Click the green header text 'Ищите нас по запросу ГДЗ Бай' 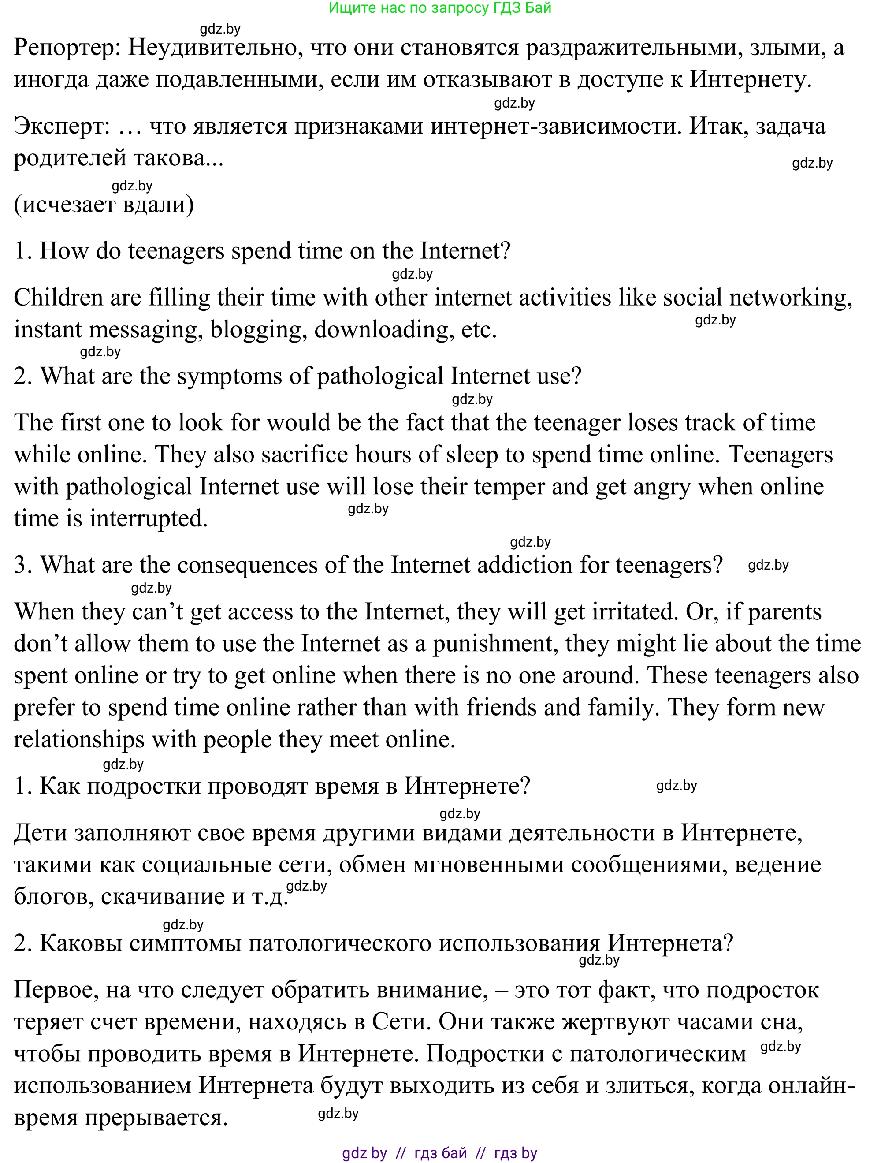coord(439,8)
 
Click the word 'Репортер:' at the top coord(67,48)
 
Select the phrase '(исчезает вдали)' coord(104,205)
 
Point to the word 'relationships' coord(79,740)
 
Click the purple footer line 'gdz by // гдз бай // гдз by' coord(439,1153)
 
